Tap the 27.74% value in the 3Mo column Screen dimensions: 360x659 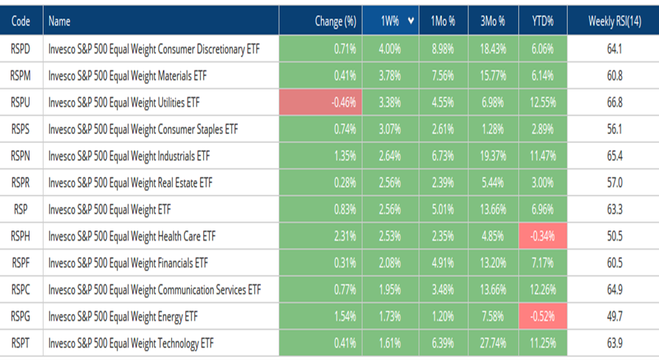point(493,343)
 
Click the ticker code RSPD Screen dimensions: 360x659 point(21,50)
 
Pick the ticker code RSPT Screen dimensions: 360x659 point(21,343)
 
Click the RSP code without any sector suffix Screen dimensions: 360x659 point(21,210)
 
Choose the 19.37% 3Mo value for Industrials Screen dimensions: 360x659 point(493,156)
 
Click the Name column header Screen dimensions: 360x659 point(59,21)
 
